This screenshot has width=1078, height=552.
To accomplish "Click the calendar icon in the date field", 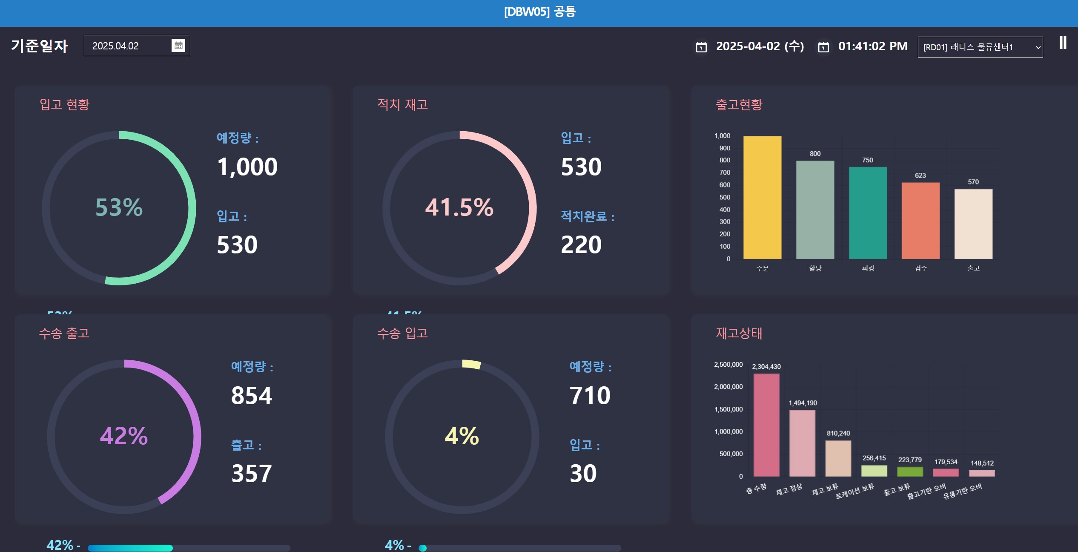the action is (178, 45).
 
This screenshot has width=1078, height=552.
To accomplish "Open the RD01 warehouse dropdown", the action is (980, 47).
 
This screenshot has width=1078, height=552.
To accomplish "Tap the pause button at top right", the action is (1063, 43).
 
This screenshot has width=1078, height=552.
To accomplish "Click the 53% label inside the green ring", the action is (119, 207).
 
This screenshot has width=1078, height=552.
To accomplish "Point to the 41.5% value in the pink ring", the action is (459, 207).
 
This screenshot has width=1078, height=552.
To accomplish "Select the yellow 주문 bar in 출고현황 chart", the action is (762, 197).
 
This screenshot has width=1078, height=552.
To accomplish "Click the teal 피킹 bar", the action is (868, 213).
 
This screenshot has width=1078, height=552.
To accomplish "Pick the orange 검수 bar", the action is (920, 221).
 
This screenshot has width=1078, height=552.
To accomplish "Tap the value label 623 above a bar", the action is (920, 175).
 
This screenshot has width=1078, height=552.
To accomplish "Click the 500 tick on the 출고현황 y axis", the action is (725, 197).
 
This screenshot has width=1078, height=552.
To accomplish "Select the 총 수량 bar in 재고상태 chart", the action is (766, 425).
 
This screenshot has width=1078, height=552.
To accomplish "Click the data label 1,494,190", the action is (803, 403).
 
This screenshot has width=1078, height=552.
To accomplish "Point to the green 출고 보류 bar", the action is (910, 471).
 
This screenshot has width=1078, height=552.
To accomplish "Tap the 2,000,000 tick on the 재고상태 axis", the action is (728, 387).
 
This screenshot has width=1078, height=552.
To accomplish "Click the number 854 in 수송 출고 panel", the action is (252, 395).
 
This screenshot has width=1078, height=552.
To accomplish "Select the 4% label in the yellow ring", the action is (462, 436).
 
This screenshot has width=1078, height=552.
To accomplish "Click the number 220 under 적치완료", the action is (581, 245).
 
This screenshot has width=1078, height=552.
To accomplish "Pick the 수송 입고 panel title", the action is (403, 333).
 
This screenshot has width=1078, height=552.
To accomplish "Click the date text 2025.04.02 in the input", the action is (115, 46).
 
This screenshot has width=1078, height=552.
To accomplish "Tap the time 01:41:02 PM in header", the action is (873, 46).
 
